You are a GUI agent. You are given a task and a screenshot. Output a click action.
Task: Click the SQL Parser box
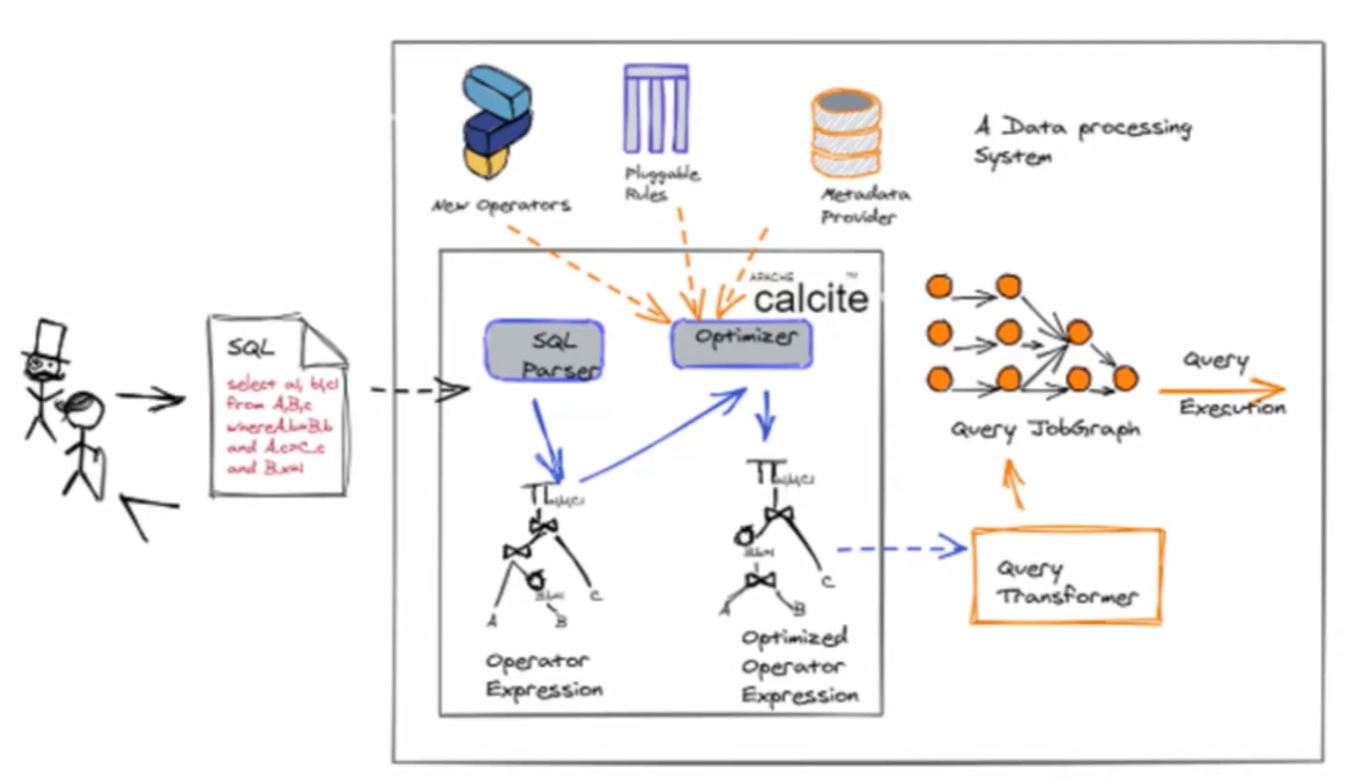(545, 351)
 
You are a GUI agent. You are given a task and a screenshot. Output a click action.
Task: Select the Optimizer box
(741, 343)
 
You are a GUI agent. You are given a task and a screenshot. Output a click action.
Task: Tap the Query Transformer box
(1066, 575)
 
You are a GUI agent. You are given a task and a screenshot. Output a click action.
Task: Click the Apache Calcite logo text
(810, 297)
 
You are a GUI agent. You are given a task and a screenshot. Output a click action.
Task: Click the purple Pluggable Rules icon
(656, 108)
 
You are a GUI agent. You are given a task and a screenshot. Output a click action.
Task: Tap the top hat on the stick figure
(48, 342)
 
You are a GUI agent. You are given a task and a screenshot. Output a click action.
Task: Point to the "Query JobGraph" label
(1044, 430)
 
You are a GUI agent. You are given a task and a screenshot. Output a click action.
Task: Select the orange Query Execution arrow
(1221, 388)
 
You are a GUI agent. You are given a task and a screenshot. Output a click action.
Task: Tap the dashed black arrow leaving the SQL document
(418, 390)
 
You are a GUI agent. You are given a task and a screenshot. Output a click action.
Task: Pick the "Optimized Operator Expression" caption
(799, 666)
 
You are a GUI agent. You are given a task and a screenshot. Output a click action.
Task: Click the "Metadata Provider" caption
(864, 205)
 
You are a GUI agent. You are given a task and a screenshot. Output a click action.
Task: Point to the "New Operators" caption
(501, 205)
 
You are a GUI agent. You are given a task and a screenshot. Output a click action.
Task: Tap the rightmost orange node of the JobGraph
(1125, 379)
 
